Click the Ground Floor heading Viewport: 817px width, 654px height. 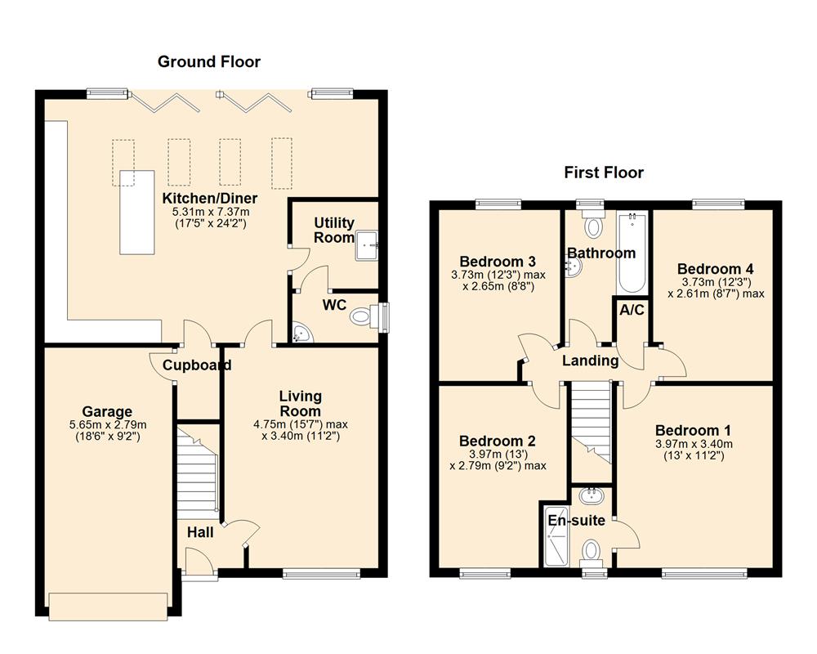point(209,61)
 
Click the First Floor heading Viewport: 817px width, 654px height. point(604,172)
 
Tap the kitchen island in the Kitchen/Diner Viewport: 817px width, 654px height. point(137,212)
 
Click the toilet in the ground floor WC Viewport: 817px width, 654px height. point(364,315)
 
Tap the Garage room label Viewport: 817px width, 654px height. point(107,411)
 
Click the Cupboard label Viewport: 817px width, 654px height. point(196,365)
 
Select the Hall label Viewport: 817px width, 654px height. point(200,532)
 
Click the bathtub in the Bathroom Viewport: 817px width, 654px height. point(633,253)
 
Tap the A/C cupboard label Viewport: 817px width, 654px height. point(631,311)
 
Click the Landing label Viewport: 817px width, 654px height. point(590,361)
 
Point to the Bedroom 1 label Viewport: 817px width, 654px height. point(693,430)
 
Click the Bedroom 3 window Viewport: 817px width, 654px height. point(499,204)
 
